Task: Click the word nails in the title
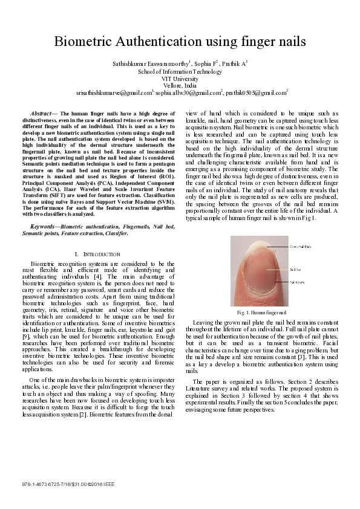click(x=287, y=42)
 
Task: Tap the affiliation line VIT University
click(x=180, y=79)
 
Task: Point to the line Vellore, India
click(x=180, y=86)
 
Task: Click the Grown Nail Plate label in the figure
click(x=299, y=247)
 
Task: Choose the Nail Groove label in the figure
click(x=297, y=282)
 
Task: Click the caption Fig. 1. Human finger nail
click(x=261, y=312)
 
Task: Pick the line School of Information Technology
click(x=180, y=71)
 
